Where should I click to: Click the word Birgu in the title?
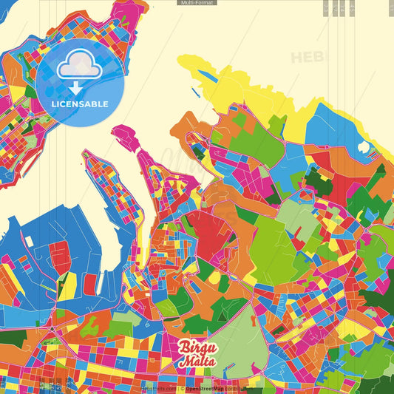tap(194, 347)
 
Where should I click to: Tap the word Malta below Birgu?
tap(194, 361)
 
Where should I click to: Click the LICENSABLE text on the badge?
tap(80, 104)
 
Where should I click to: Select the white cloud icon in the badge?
tap(79, 67)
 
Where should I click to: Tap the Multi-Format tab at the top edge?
tap(197, 3)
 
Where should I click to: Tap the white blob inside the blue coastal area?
tap(362, 146)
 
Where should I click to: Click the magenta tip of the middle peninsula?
tap(123, 133)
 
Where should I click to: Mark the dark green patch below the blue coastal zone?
tap(319, 181)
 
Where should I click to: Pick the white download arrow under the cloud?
tap(79, 87)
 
